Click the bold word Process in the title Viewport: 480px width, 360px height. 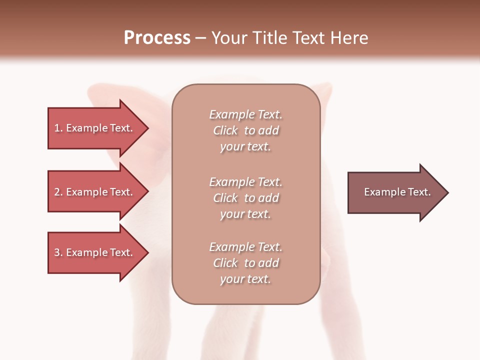pos(157,38)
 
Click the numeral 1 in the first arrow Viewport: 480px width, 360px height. pos(57,128)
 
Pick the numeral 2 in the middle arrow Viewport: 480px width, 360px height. pos(57,192)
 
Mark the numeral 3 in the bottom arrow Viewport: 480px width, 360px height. pos(57,252)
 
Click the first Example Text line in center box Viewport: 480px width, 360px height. pos(245,114)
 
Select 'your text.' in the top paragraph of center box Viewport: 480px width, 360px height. pos(245,147)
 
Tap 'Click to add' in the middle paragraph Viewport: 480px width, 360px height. pos(245,198)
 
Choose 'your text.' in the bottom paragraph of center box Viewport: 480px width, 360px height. pos(245,279)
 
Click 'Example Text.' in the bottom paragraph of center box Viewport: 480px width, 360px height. pos(245,247)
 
